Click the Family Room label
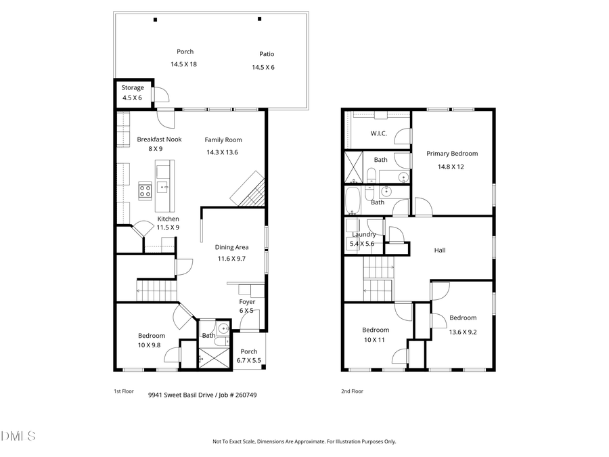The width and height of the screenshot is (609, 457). (223, 140)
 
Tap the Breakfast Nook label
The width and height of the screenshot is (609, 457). (159, 139)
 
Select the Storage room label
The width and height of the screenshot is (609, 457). (133, 88)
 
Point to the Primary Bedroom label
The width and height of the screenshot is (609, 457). (452, 154)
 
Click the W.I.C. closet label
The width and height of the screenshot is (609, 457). (378, 133)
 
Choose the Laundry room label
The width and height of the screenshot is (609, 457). (363, 234)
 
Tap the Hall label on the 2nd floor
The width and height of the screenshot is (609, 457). (440, 251)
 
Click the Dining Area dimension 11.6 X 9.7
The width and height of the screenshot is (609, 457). (232, 259)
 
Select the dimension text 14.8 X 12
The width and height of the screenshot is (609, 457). (451, 167)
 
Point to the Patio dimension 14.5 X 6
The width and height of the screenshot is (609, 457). (263, 67)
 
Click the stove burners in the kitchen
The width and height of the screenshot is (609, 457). (145, 190)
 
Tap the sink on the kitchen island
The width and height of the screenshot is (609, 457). (164, 187)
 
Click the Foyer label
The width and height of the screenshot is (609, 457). (247, 302)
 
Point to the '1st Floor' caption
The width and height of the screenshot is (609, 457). (123, 391)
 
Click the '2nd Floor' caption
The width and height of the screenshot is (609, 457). (352, 391)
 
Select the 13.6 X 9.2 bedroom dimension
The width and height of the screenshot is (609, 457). (463, 332)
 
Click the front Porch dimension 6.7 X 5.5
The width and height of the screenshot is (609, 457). (248, 361)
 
